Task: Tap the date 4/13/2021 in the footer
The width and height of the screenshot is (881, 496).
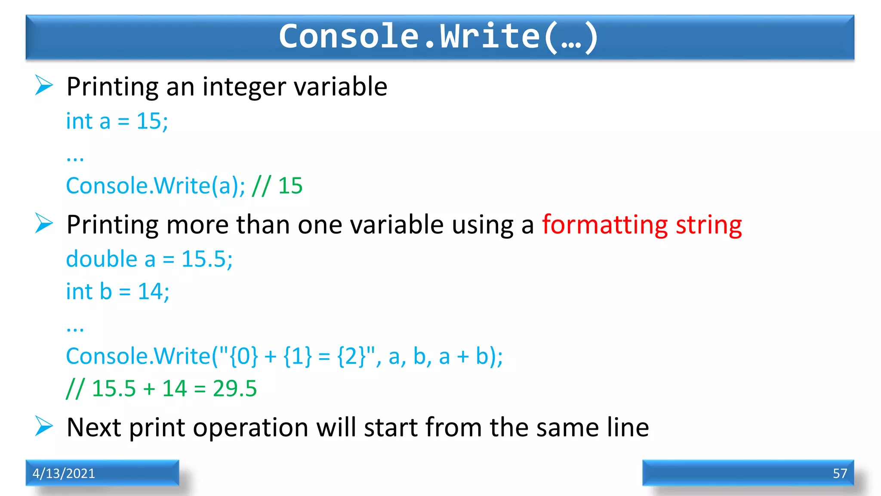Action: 64,473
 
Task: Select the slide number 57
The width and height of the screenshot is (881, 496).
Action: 839,473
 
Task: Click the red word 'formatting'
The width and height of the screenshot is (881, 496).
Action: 604,225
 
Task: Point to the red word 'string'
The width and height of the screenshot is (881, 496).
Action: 708,225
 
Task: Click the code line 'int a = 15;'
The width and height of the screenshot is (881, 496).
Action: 117,121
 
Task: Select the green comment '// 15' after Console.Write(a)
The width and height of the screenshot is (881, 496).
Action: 277,186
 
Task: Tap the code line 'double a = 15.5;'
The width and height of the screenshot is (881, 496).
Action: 149,259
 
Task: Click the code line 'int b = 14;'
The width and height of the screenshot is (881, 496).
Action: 117,291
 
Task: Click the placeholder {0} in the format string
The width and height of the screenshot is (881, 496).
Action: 244,356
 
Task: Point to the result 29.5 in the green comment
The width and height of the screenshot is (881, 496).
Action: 234,388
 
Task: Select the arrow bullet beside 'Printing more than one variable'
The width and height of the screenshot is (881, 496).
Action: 44,223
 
